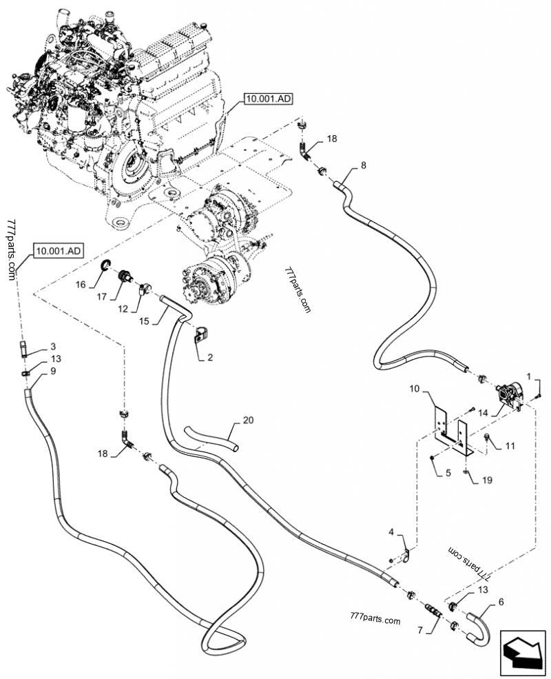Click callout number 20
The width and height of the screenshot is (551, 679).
(x=248, y=420)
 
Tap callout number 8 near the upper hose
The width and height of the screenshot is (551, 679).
(x=363, y=165)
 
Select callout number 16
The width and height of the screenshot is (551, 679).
(x=81, y=285)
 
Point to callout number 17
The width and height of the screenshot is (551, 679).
(x=102, y=296)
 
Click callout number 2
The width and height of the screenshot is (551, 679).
(x=210, y=358)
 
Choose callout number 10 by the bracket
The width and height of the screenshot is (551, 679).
(x=415, y=388)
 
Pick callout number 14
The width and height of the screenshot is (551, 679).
(x=483, y=413)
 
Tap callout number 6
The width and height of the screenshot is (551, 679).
(x=501, y=602)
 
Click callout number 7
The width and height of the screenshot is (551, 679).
(x=419, y=630)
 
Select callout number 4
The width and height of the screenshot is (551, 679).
(x=391, y=531)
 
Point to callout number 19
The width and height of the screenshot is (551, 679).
(x=487, y=480)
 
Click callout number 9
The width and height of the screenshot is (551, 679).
(x=53, y=371)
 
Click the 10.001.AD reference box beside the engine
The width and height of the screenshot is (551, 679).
(x=268, y=99)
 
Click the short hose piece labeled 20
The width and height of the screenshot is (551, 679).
(x=211, y=438)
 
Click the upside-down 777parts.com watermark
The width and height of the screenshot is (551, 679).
(x=468, y=564)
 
